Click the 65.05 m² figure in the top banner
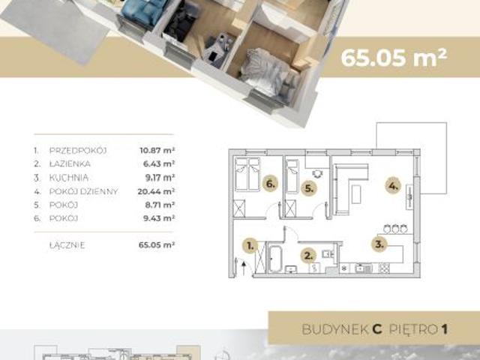[x=394, y=58]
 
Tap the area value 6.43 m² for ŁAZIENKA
[x=160, y=163]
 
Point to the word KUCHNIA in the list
[x=70, y=178]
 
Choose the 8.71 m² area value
[x=160, y=205]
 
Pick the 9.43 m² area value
[x=160, y=218]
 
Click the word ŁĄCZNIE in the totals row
[x=68, y=244]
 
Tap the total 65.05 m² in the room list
[x=157, y=244]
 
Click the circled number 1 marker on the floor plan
[x=250, y=243]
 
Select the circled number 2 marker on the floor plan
[x=307, y=253]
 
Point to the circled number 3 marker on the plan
[x=380, y=242]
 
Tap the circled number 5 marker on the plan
[x=307, y=188]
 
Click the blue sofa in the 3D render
[x=138, y=10]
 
